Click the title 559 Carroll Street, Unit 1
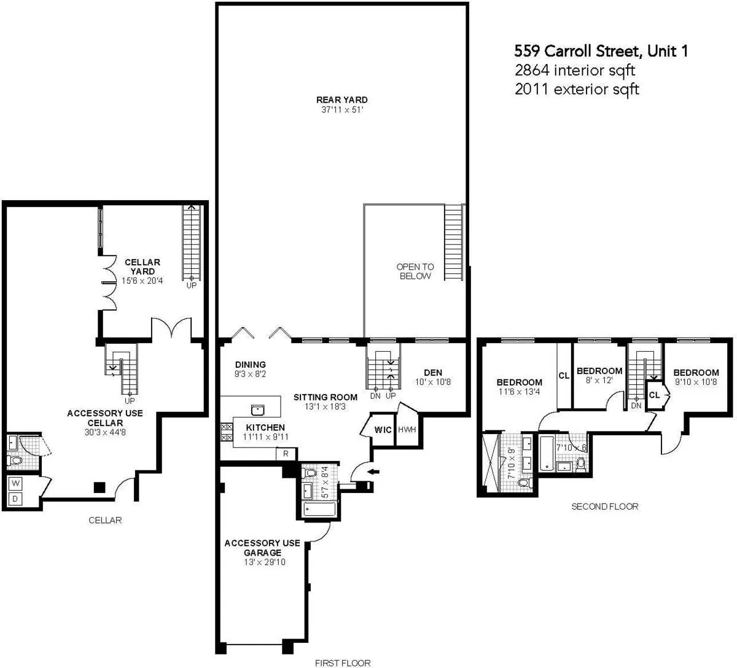pos(601,51)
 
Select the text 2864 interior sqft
pos(574,70)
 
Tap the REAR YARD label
pos(342,100)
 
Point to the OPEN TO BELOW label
pos(415,271)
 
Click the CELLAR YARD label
pos(142,267)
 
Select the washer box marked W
pos(15,483)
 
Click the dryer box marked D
pos(15,499)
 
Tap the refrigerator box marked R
pos(286,454)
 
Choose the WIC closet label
pos(383,430)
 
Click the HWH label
pos(407,430)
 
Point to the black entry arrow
pos(373,472)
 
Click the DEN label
pos(433,373)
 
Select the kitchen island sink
pos(257,409)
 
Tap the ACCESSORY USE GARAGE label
pos(262,548)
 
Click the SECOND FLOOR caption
pos(604,507)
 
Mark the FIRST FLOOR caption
pos(343,662)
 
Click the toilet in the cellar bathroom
pos(15,459)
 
